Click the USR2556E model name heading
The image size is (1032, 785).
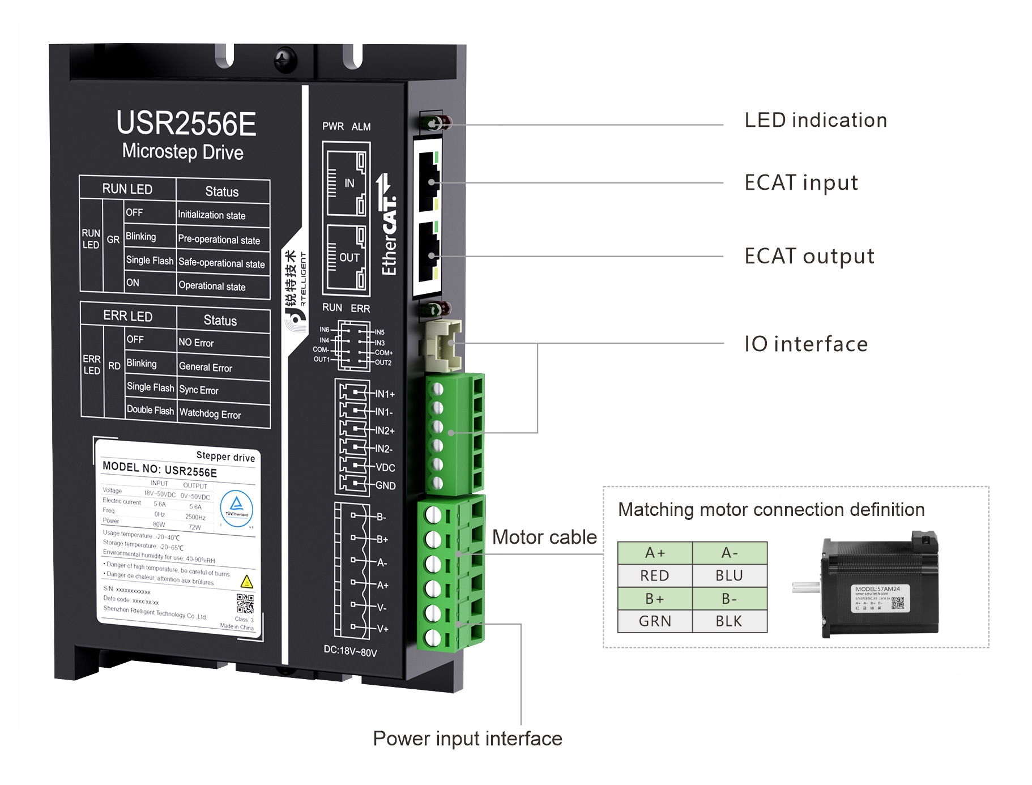(x=186, y=123)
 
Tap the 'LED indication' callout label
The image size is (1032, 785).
(x=815, y=120)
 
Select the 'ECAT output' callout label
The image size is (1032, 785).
(x=809, y=256)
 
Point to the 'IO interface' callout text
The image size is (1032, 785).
(x=805, y=344)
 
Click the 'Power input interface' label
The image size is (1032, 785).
(x=467, y=739)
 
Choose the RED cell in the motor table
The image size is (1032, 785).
(x=655, y=575)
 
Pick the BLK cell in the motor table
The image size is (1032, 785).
(x=729, y=621)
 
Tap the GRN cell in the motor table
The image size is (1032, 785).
(x=655, y=621)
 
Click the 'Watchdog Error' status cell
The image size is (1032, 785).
(x=210, y=414)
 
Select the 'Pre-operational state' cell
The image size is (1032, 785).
(x=219, y=240)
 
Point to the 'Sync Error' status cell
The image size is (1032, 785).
(x=199, y=390)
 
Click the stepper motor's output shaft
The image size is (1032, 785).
(x=806, y=588)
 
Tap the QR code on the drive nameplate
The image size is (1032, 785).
(x=245, y=603)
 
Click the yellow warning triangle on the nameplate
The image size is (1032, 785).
(x=246, y=582)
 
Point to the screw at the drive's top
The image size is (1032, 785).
(x=285, y=59)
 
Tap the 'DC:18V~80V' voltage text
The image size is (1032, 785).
(x=350, y=651)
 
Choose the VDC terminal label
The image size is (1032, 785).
(x=385, y=468)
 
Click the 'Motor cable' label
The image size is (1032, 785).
(x=544, y=537)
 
